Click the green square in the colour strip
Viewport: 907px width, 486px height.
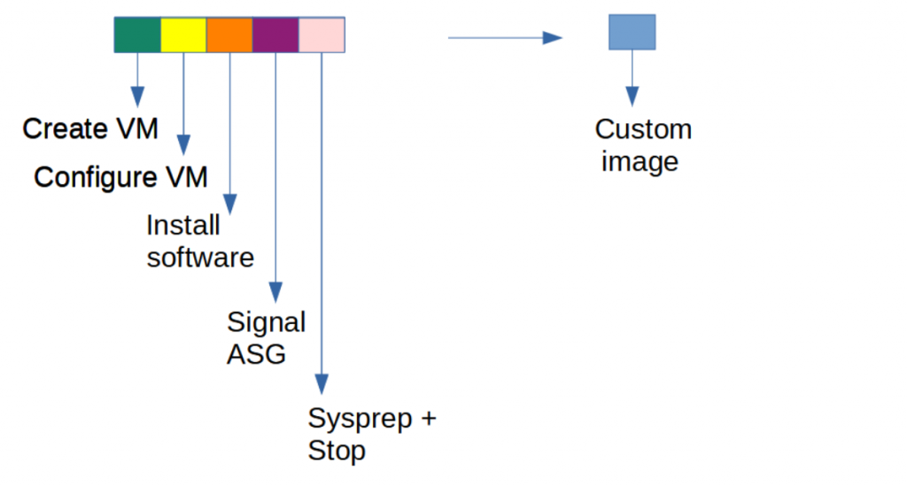coord(137,35)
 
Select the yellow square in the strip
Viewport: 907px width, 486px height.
coord(183,35)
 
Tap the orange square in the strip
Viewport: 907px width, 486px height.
coord(229,35)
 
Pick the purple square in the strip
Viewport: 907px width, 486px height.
coord(275,35)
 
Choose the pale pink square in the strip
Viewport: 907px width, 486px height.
coord(322,35)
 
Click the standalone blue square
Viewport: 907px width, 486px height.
coord(632,32)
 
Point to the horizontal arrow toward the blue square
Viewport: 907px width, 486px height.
coord(505,37)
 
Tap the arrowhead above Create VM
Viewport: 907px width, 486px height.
coord(137,94)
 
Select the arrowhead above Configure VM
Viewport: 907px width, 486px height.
coord(183,143)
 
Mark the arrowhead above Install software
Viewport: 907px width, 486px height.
coord(229,204)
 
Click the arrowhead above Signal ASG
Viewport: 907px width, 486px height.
coord(275,291)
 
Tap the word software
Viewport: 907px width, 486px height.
coord(200,258)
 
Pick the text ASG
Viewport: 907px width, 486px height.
coord(256,354)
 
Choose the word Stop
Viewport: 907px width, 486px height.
coord(337,451)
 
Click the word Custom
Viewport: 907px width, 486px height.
coord(643,129)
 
